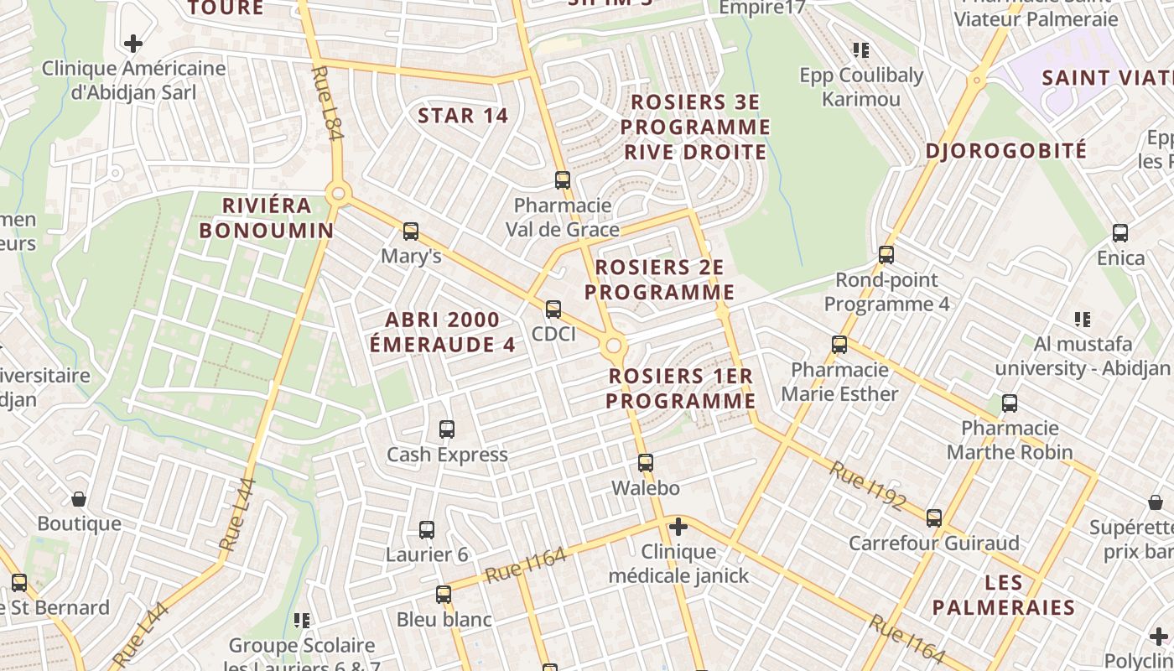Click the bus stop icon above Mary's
(410, 231)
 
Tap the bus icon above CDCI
(553, 309)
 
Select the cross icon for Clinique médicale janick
(678, 527)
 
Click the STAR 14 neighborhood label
(463, 116)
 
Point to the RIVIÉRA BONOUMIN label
(267, 218)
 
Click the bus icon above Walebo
(645, 463)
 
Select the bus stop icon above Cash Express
(447, 429)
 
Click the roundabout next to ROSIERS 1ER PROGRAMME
(614, 346)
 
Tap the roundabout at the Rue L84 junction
(338, 195)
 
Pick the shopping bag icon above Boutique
(79, 500)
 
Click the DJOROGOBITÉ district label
(1006, 151)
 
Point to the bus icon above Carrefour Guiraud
(934, 518)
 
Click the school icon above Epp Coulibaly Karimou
(860, 50)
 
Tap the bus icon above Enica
(1120, 233)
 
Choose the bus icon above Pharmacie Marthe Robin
(1010, 403)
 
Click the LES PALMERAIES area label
(1004, 595)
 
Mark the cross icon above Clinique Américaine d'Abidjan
(132, 44)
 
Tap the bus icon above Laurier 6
(427, 530)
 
